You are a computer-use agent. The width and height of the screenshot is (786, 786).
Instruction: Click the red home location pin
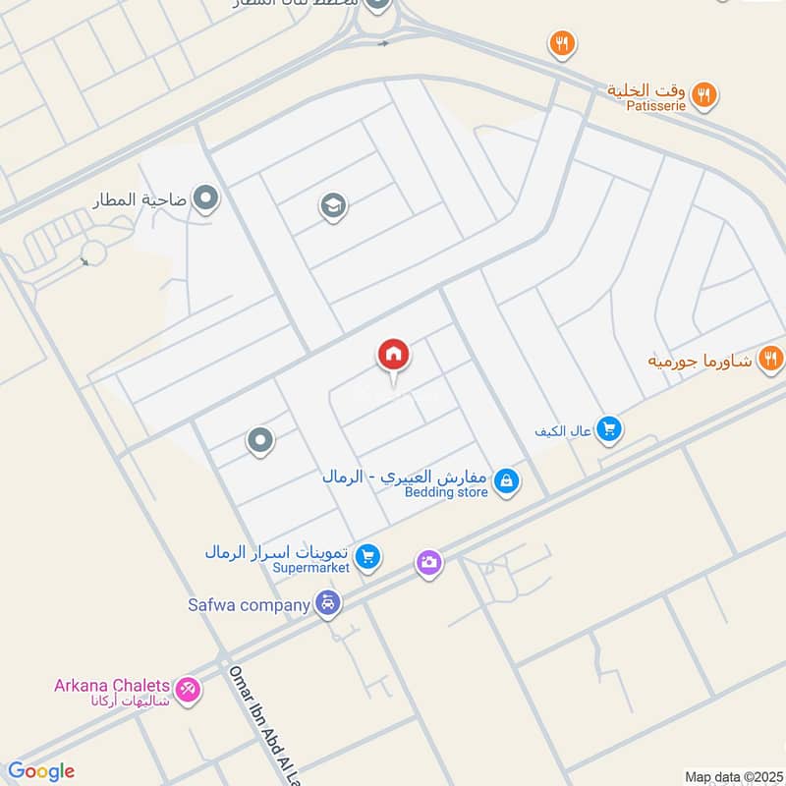coord(394,355)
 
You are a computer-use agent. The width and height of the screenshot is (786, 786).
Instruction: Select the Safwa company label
coord(250,604)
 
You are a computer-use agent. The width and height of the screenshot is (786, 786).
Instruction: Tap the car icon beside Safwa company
coord(329,604)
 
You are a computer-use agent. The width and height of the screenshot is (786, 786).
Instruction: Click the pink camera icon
coord(428,563)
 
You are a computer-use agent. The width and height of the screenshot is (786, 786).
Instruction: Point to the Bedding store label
coord(446,492)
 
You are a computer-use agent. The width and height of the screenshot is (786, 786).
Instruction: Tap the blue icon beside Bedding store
coord(506,481)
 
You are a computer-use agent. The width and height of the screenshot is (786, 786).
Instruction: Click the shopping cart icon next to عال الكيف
coord(609,429)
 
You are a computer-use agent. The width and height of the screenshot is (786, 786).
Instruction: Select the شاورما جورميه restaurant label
coord(700,360)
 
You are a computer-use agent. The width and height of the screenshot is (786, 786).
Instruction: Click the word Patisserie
coord(647,105)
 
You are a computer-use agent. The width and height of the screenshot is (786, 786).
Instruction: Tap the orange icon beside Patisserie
coord(703,95)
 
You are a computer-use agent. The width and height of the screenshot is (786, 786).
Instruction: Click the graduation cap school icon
coord(333,206)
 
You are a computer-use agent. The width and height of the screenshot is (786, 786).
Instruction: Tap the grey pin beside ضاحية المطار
coord(206,199)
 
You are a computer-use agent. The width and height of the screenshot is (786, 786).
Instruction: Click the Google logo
coord(40,771)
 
